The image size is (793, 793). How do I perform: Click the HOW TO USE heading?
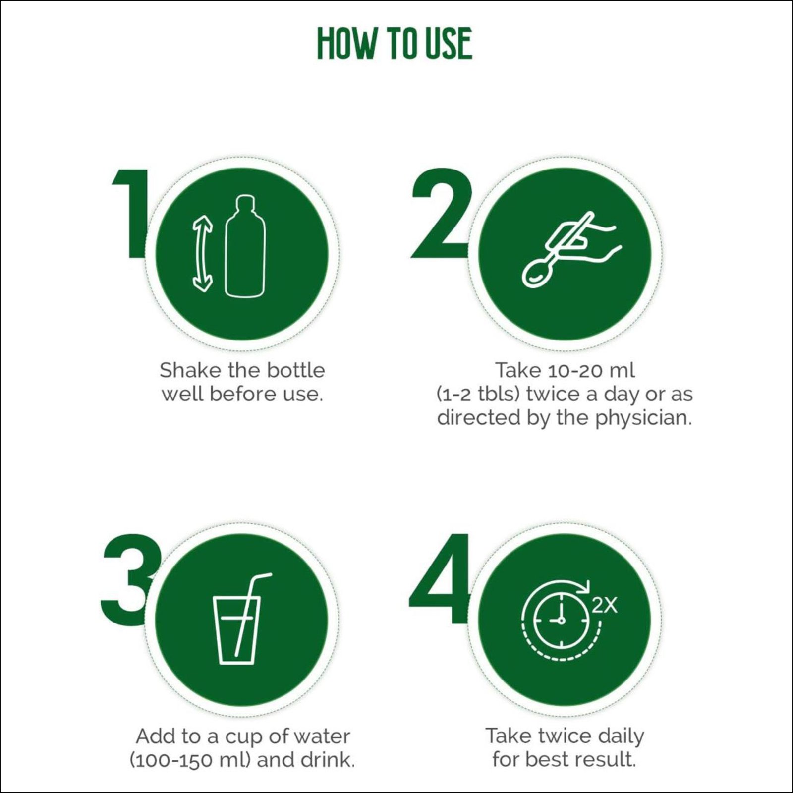[x=395, y=44]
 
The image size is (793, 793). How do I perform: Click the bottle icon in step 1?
[x=245, y=246]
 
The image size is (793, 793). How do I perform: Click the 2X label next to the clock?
[x=605, y=605]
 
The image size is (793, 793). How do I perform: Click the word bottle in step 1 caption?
[x=296, y=370]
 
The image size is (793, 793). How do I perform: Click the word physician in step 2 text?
[x=643, y=418]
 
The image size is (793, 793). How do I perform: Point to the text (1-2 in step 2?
[x=454, y=395]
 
